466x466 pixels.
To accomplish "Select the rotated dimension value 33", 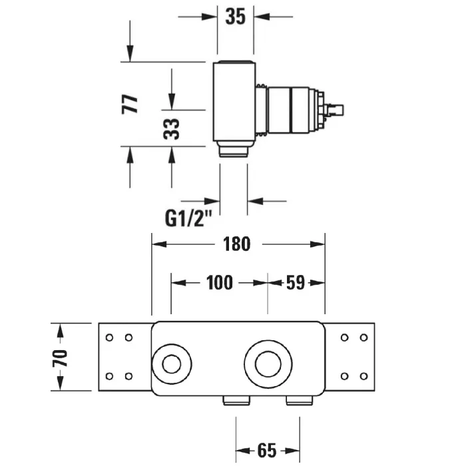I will click(x=172, y=128).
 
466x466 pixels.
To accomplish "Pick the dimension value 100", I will click(x=219, y=283).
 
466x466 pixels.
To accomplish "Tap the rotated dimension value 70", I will click(x=61, y=357).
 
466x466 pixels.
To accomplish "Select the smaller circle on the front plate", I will click(x=171, y=364).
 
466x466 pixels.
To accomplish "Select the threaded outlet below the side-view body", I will click(x=234, y=152).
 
